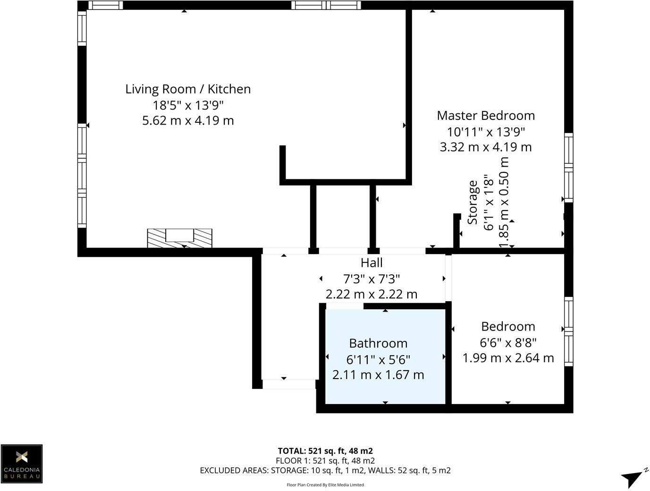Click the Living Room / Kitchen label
point(188,89)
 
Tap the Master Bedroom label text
point(486,116)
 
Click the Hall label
point(371,263)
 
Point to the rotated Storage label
point(473,202)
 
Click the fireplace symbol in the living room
point(179,237)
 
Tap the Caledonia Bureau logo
point(22,463)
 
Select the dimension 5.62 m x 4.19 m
point(188,120)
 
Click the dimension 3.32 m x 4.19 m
point(486,147)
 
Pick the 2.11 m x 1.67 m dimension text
point(378,375)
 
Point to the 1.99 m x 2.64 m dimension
point(508,358)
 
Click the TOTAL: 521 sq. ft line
point(325,451)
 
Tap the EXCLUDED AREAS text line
point(325,470)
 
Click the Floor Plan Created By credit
point(325,484)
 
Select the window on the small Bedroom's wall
point(569,331)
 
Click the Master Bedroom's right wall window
point(569,168)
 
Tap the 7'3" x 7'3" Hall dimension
point(371,279)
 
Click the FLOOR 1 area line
point(325,460)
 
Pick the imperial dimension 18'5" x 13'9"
point(188,105)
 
